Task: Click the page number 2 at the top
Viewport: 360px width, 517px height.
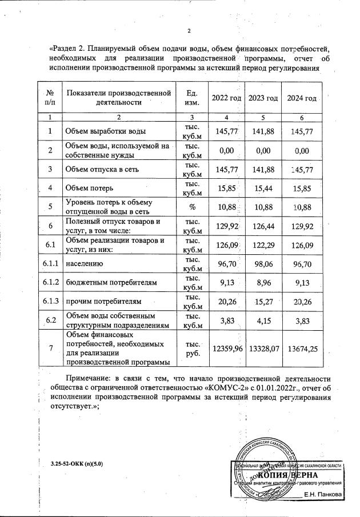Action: click(x=189, y=30)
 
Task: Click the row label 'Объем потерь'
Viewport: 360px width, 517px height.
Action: click(x=89, y=187)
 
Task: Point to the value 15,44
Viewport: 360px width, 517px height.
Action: click(x=263, y=187)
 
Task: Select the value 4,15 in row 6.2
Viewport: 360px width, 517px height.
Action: click(x=263, y=319)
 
